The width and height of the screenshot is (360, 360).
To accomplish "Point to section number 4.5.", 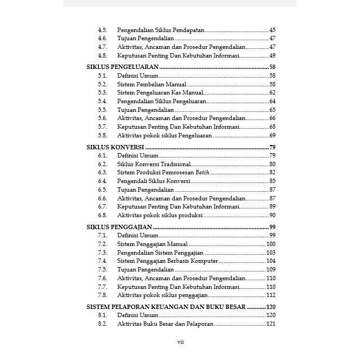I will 102,30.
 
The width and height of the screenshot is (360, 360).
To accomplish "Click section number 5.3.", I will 102,93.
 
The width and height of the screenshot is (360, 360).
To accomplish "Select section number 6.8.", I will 102,215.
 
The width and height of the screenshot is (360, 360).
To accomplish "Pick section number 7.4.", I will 102,261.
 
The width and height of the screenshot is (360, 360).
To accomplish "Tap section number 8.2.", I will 102,324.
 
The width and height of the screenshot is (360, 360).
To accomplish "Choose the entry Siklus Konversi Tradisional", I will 154,165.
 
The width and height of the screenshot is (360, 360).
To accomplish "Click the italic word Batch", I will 203,173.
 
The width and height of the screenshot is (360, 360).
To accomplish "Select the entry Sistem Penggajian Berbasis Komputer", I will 167,261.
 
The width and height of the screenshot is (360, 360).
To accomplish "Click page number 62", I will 272,93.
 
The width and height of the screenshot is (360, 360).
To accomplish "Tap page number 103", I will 271,253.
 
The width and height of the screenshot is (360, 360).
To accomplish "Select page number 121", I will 271,324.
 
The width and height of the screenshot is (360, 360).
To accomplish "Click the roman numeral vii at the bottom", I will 181,342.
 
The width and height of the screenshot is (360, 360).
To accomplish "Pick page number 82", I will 272,173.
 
